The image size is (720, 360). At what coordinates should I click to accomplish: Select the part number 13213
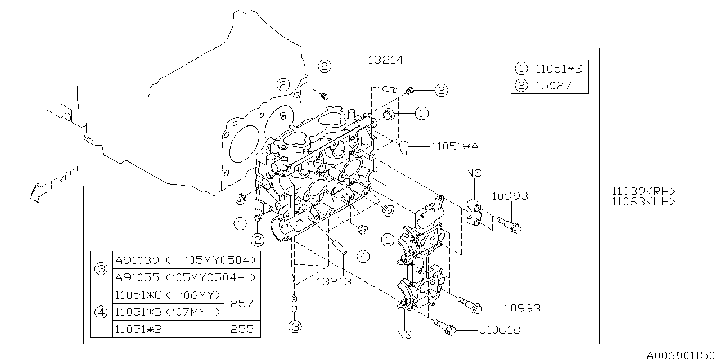coord(334,281)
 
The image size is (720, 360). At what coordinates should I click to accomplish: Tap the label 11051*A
coord(455,146)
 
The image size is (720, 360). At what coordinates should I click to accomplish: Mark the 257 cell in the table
coord(242,303)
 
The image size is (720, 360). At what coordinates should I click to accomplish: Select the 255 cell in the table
coord(242,329)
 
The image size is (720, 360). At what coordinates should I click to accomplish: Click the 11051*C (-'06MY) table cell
coord(168,295)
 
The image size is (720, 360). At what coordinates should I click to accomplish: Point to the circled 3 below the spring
coord(295,326)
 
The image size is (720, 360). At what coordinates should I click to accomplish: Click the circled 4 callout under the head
coord(363,256)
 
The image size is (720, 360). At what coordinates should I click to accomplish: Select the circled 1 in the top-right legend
coord(521,69)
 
